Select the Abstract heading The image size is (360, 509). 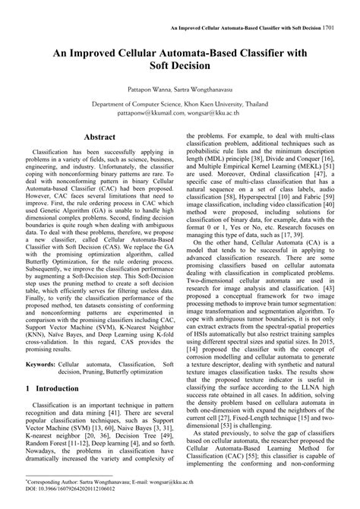pos(99,138)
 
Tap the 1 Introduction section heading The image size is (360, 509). pos(57,409)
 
